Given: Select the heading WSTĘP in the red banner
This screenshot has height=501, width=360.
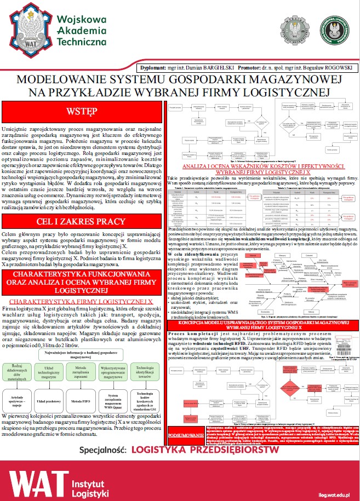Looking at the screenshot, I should [x=82, y=112].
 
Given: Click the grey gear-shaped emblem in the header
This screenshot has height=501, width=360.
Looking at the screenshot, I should [x=294, y=30].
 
